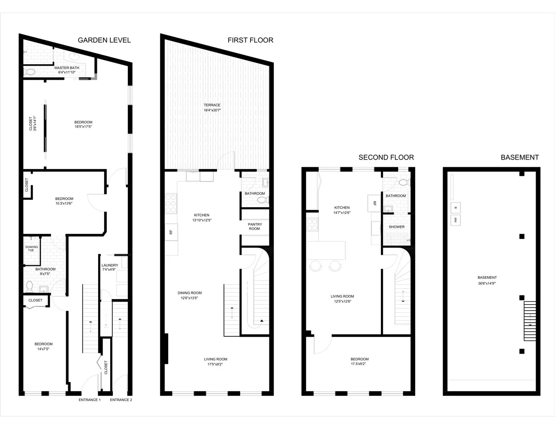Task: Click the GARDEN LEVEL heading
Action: tap(104, 40)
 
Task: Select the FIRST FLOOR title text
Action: tap(250, 40)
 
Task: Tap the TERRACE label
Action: tap(212, 105)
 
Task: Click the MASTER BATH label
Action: tap(66, 68)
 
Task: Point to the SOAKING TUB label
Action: tap(31, 249)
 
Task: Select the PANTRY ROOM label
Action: tap(254, 227)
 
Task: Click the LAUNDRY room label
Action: tap(110, 265)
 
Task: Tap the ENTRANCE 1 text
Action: tap(90, 400)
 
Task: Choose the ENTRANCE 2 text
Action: tap(121, 400)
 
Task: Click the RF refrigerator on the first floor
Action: tap(171, 232)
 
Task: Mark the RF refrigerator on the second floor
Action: tap(374, 203)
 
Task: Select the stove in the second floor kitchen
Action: tap(312, 225)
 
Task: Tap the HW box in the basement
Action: tap(455, 221)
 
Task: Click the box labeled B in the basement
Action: tap(455, 208)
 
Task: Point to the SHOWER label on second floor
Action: tap(396, 227)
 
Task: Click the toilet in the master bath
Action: tap(30, 72)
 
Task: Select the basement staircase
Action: tap(530, 321)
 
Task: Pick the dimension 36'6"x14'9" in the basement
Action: tap(487, 284)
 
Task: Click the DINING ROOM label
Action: tap(190, 293)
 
